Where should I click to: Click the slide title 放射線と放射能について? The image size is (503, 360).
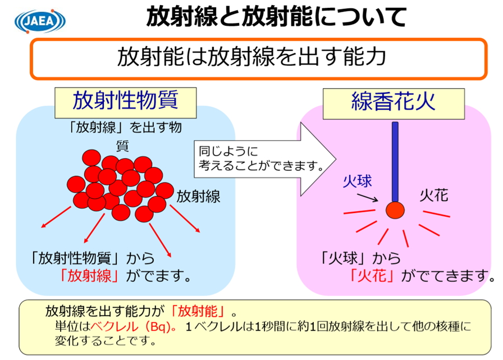tap(276, 17)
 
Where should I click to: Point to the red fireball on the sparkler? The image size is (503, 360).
tap(395, 211)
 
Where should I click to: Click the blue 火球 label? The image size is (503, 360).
tap(358, 181)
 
